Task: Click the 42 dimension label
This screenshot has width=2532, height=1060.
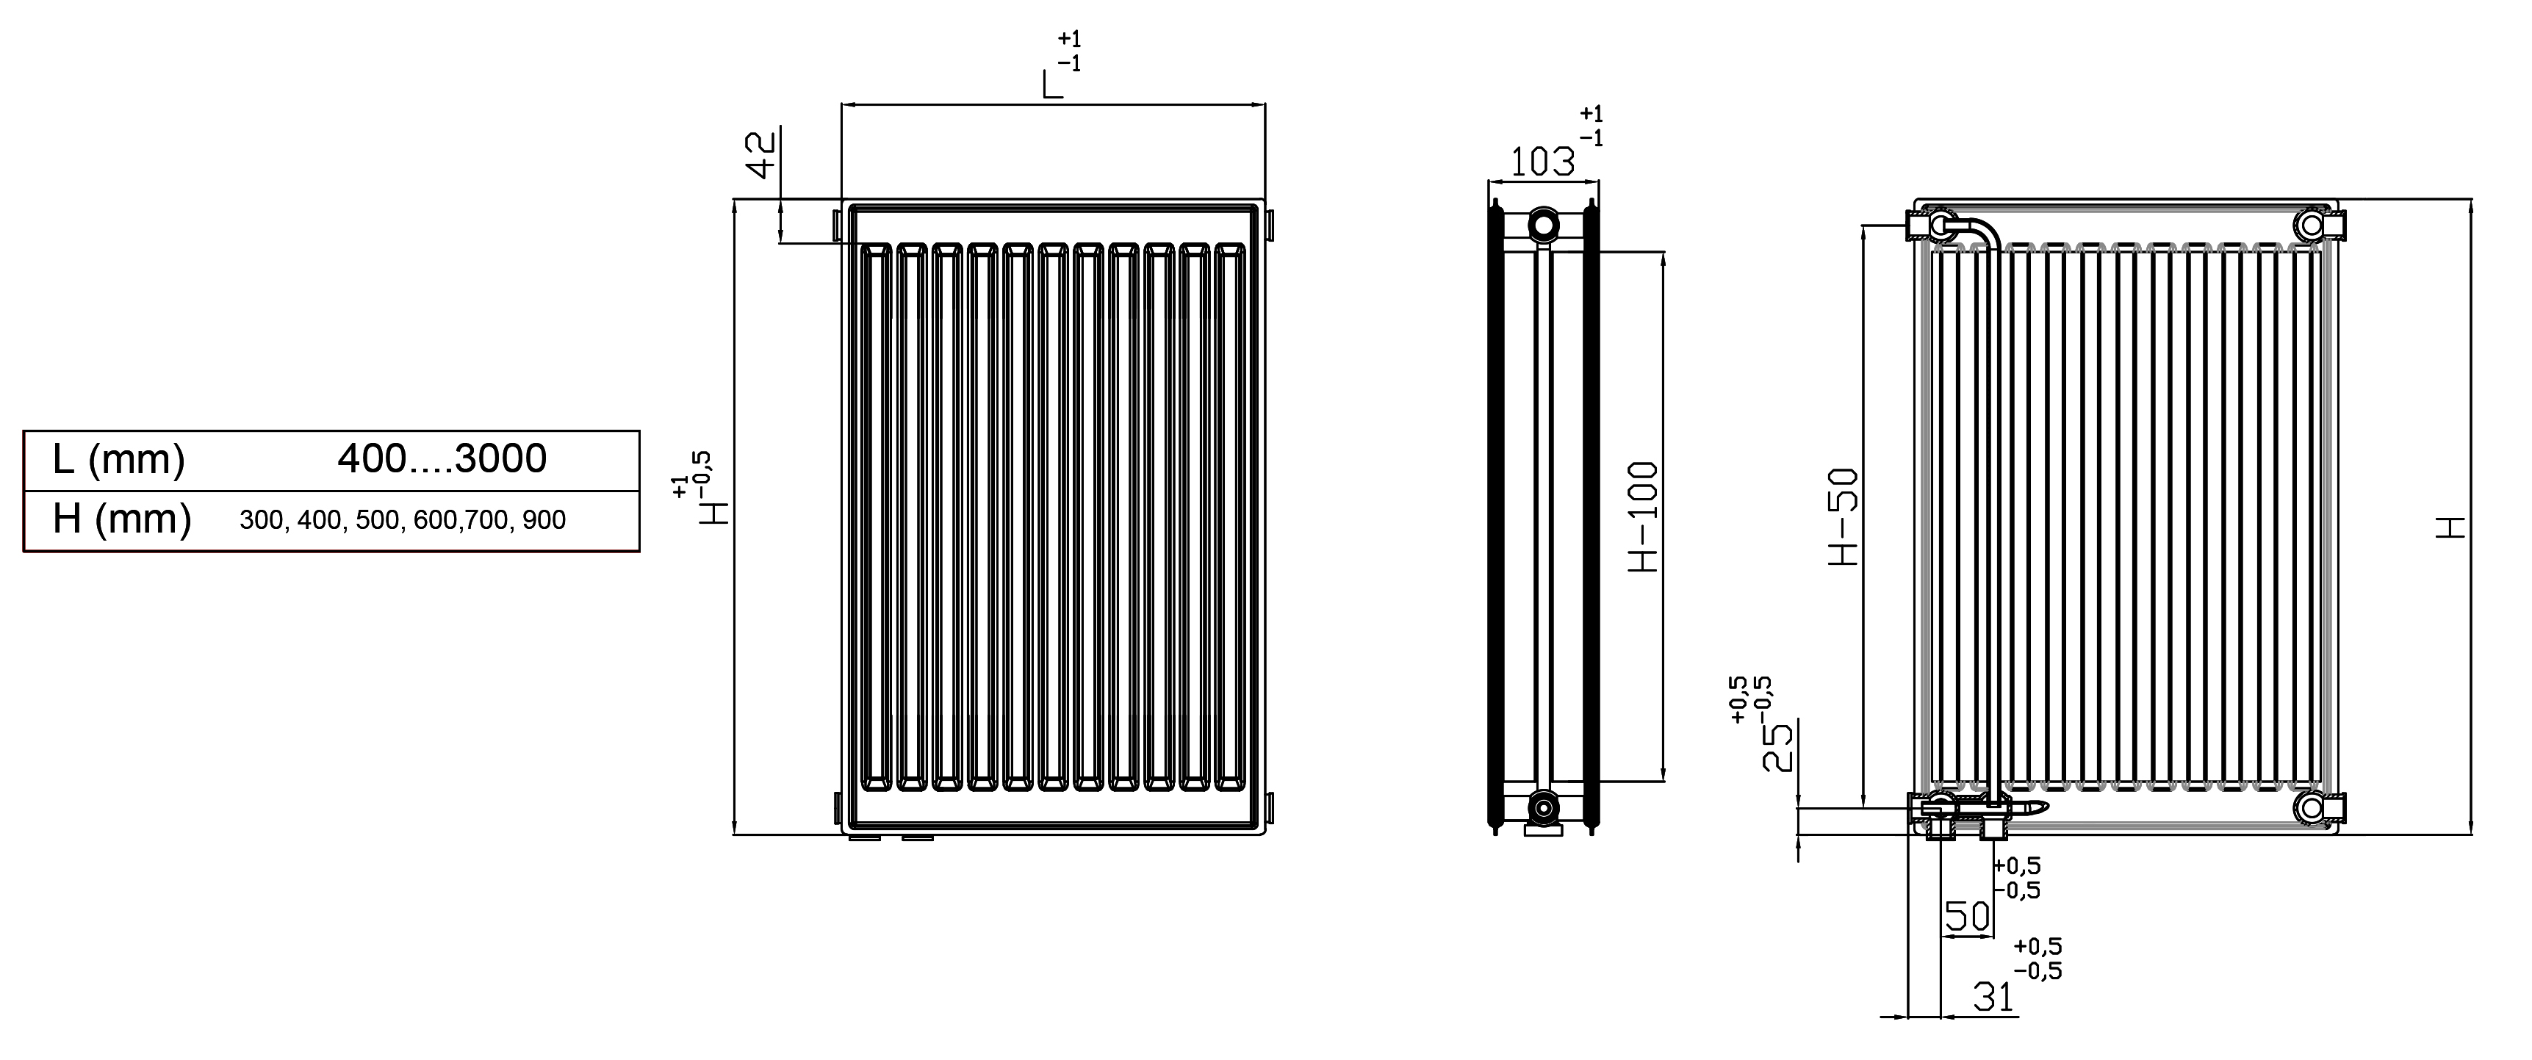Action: click(x=762, y=155)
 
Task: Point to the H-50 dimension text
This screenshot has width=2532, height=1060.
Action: click(x=1844, y=516)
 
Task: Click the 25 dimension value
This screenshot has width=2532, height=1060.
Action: click(x=1778, y=748)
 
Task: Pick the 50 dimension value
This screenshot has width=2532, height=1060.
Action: click(x=1968, y=917)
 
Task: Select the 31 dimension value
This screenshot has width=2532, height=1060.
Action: click(x=1994, y=997)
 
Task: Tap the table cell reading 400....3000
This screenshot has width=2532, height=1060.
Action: click(x=442, y=459)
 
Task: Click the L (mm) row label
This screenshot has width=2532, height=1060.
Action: click(x=119, y=459)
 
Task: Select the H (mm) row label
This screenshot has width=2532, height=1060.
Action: click(x=122, y=519)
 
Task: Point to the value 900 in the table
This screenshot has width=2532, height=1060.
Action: click(x=544, y=521)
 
